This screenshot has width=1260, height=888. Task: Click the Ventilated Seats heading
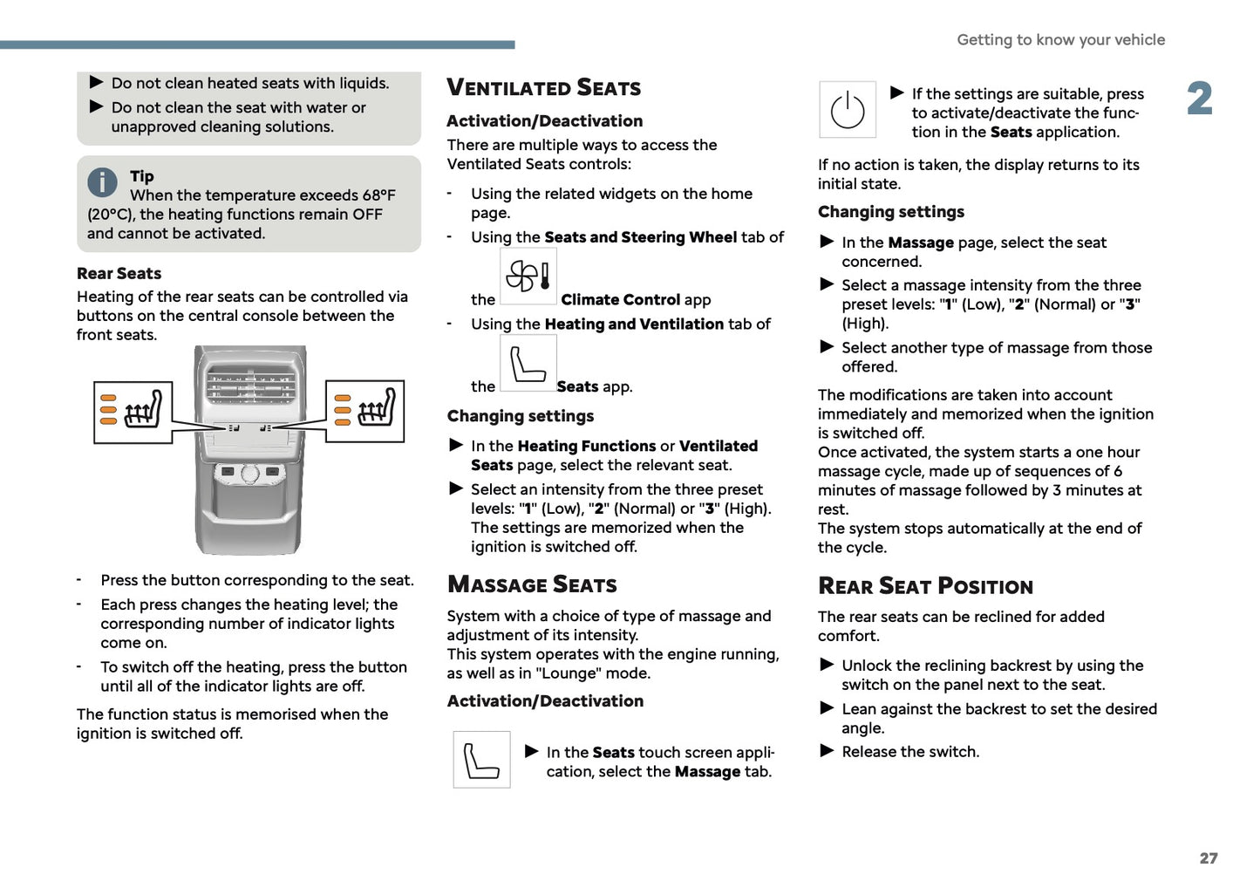543,87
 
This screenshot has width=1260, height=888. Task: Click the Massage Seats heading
532,584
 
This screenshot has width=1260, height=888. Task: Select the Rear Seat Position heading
925,586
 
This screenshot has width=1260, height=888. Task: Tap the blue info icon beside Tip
102,182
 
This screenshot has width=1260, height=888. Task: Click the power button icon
847,110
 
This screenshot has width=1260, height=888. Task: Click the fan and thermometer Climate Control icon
528,276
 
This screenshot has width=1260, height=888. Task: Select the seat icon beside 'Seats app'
528,363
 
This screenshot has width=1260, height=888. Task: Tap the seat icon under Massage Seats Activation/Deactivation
481,759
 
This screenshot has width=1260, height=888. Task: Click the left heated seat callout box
133,412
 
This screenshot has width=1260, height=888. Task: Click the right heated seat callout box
365,411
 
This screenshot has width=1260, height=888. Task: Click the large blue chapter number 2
1200,99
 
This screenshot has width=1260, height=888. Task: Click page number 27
1208,858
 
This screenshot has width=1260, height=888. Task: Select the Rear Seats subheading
119,274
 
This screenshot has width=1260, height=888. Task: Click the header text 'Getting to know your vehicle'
1060,40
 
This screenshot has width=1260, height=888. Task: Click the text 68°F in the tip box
378,195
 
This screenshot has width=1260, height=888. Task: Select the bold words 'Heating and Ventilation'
634,324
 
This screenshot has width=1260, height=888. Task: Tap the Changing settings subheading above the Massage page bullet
890,212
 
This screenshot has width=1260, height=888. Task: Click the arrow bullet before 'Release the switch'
828,751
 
